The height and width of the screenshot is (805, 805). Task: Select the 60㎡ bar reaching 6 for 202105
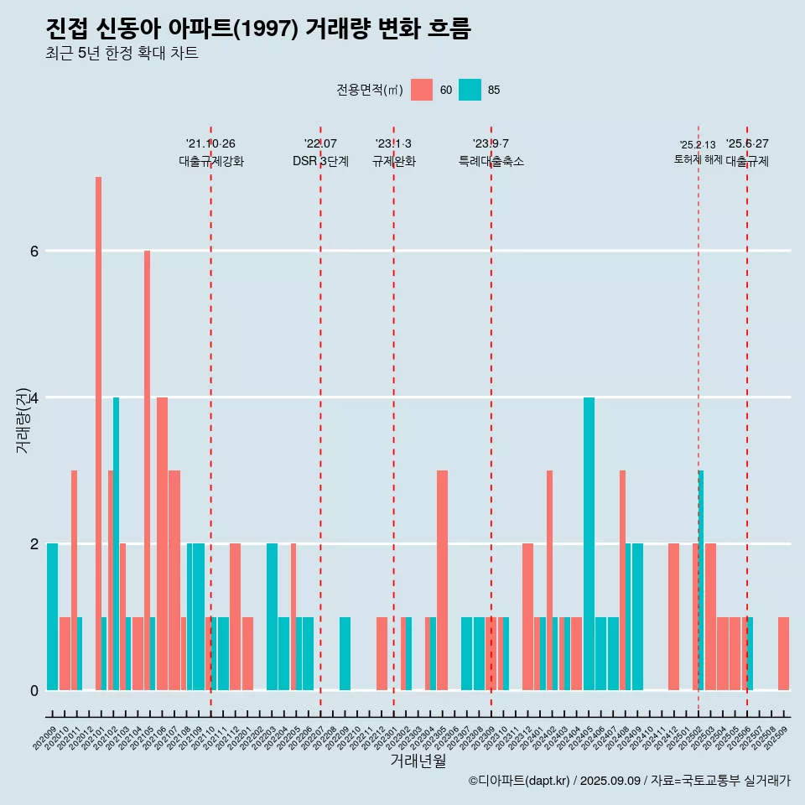(x=147, y=470)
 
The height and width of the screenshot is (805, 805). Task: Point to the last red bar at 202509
(x=783, y=653)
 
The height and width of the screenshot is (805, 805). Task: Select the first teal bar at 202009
(x=52, y=616)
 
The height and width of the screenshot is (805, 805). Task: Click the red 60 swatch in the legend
(x=422, y=90)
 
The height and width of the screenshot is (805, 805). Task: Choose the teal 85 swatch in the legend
(x=470, y=90)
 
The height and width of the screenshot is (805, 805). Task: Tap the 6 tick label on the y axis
(x=34, y=251)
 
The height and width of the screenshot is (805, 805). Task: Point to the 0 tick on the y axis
(x=34, y=690)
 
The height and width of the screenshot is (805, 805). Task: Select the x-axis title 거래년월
(x=418, y=761)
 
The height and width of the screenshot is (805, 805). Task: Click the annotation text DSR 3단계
(x=320, y=161)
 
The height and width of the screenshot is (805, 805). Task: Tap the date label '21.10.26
(x=210, y=143)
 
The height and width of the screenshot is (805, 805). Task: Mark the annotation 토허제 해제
(x=698, y=158)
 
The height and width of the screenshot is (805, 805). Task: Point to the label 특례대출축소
(x=491, y=161)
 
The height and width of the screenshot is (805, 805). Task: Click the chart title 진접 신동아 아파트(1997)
(x=258, y=29)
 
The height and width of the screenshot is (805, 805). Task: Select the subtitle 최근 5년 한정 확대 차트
(x=122, y=54)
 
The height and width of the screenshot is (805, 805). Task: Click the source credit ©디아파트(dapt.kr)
(x=520, y=781)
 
